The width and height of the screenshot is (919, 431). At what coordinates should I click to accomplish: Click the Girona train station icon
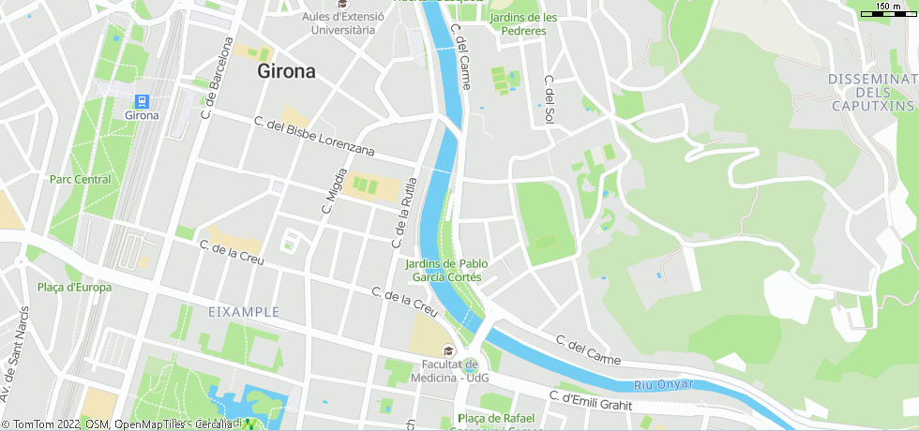pos(143,101)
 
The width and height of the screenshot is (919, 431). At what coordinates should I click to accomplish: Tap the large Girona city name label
pos(287,72)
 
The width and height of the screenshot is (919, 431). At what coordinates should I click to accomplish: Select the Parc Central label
pos(80,179)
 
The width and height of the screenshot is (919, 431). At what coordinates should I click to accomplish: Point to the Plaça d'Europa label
pos(74,288)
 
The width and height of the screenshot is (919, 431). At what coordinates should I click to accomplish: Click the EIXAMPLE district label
pos(244,311)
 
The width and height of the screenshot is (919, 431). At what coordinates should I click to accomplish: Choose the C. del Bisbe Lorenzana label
pos(314,137)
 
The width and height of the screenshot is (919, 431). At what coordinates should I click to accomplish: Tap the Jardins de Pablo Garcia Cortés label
pos(445,271)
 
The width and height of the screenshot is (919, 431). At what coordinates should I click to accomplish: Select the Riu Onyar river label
pos(664,384)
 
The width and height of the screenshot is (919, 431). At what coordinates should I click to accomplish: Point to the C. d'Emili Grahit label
pos(591,401)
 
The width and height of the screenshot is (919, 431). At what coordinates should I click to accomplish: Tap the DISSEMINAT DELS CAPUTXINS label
pos(872,93)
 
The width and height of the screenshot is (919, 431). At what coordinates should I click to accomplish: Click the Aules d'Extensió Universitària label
pos(339,23)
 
